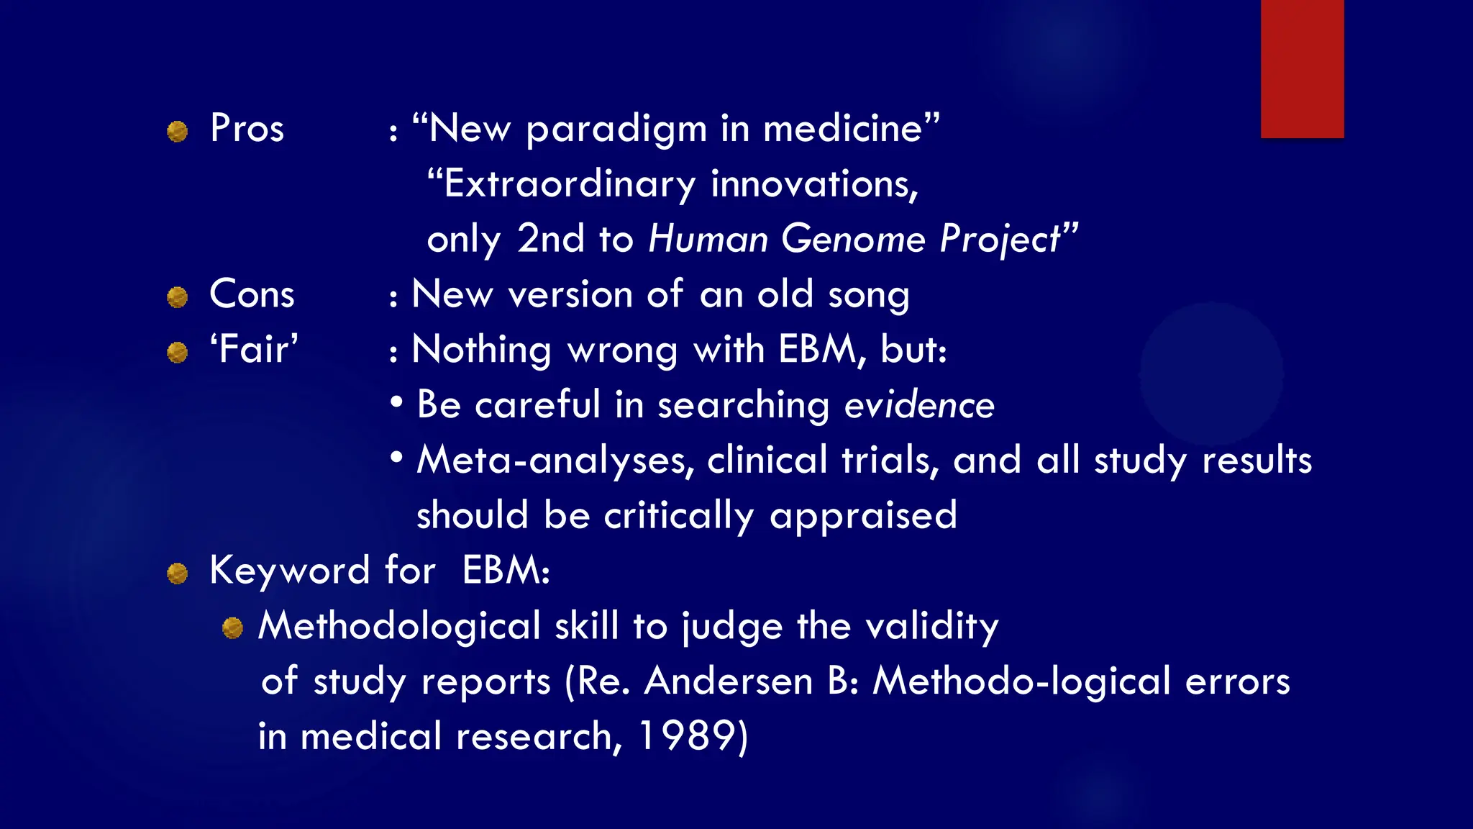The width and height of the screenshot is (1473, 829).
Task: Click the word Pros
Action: pos(247,129)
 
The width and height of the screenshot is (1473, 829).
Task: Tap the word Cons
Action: pos(252,294)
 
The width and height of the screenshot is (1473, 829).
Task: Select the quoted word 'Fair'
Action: pos(254,350)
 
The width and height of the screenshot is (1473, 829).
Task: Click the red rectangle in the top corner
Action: pos(1302,68)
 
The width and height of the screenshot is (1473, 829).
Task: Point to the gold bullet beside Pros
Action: pos(177,132)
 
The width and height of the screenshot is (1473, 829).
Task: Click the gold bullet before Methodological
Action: pos(232,628)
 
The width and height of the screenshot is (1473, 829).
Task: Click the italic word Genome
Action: pos(853,239)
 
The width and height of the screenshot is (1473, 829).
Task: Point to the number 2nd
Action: pos(550,239)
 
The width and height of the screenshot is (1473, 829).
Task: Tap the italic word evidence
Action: pos(918,405)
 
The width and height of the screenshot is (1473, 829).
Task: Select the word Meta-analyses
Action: pos(555,461)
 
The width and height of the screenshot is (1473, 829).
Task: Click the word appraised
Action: pos(863,516)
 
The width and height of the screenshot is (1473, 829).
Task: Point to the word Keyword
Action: pos(289,571)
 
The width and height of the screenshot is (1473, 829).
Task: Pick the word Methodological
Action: pos(399,625)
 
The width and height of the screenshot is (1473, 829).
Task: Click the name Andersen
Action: pos(728,681)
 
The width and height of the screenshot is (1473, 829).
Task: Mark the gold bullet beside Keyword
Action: pos(177,574)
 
